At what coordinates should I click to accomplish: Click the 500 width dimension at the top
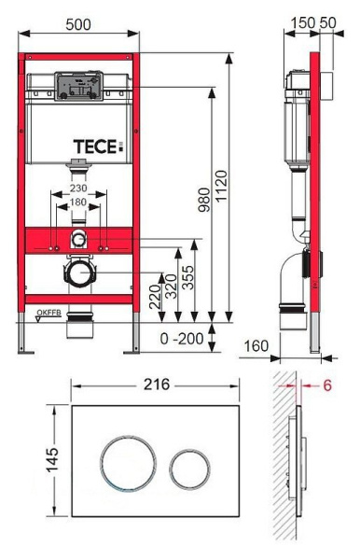[x=78, y=23]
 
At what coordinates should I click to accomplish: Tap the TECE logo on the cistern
[x=98, y=147]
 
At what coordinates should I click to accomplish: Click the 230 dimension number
[x=79, y=187]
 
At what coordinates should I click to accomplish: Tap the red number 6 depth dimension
[x=327, y=385]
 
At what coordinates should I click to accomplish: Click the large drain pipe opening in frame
[x=79, y=275]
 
